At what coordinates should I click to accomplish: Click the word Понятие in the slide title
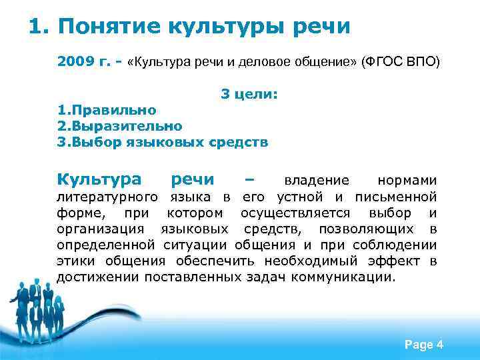point(107,27)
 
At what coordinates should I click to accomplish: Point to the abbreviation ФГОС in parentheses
point(383,63)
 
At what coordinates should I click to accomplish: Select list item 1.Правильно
point(107,109)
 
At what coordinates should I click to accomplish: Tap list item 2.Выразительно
point(119,125)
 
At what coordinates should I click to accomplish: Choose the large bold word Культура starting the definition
point(99,180)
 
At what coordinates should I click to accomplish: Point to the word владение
point(317,181)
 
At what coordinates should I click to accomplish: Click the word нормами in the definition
point(407,181)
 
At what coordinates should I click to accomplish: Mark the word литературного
point(107,197)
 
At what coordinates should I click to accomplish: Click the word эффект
point(393,261)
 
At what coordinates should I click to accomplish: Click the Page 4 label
point(424,345)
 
